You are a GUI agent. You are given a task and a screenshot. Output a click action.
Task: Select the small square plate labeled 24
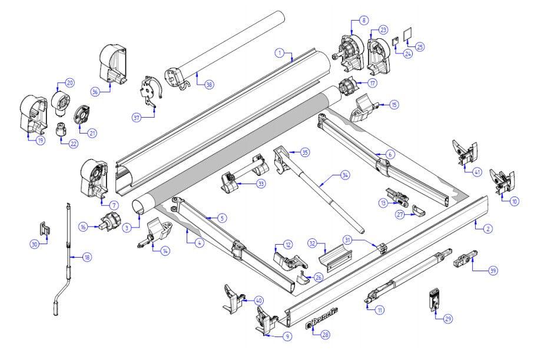(396, 41)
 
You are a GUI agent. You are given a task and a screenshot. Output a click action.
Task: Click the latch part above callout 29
(434, 299)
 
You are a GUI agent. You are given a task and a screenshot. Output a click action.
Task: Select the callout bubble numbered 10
(515, 201)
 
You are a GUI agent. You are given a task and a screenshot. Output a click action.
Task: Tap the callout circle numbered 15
(394, 105)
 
